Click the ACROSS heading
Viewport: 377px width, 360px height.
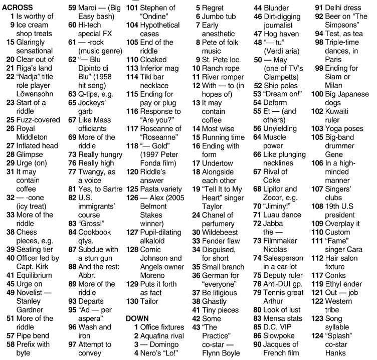[19, 8]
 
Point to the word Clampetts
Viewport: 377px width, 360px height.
[281, 77]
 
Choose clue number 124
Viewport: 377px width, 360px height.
[318, 335]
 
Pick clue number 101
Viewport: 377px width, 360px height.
[132, 8]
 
